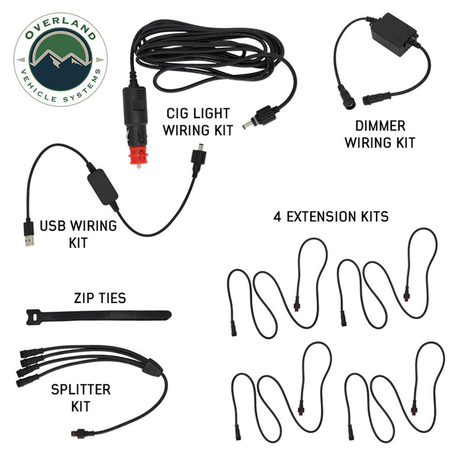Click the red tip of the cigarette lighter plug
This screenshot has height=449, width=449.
pyautogui.click(x=138, y=157)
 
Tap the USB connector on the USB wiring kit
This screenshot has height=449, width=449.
pyautogui.click(x=29, y=232)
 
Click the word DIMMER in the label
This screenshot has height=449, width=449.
pyautogui.click(x=381, y=126)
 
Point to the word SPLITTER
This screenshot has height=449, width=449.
pyautogui.click(x=81, y=390)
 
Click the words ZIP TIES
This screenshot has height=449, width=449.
pyautogui.click(x=100, y=298)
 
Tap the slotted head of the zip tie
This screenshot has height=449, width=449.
pyautogui.click(x=34, y=317)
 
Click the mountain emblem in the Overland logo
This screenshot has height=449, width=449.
pyautogui.click(x=61, y=59)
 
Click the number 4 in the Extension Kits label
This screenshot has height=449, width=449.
pyautogui.click(x=277, y=217)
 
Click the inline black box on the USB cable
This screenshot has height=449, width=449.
pyautogui.click(x=102, y=187)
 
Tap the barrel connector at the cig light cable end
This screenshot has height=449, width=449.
pyautogui.click(x=259, y=117)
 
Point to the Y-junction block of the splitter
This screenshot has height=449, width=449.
pyautogui.click(x=152, y=368)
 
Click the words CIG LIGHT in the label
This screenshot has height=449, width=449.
pyautogui.click(x=198, y=113)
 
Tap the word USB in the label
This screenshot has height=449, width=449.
pyautogui.click(x=53, y=226)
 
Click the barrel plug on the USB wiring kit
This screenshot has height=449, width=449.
pyautogui.click(x=199, y=158)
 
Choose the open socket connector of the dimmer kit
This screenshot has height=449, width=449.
pyautogui.click(x=347, y=97)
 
